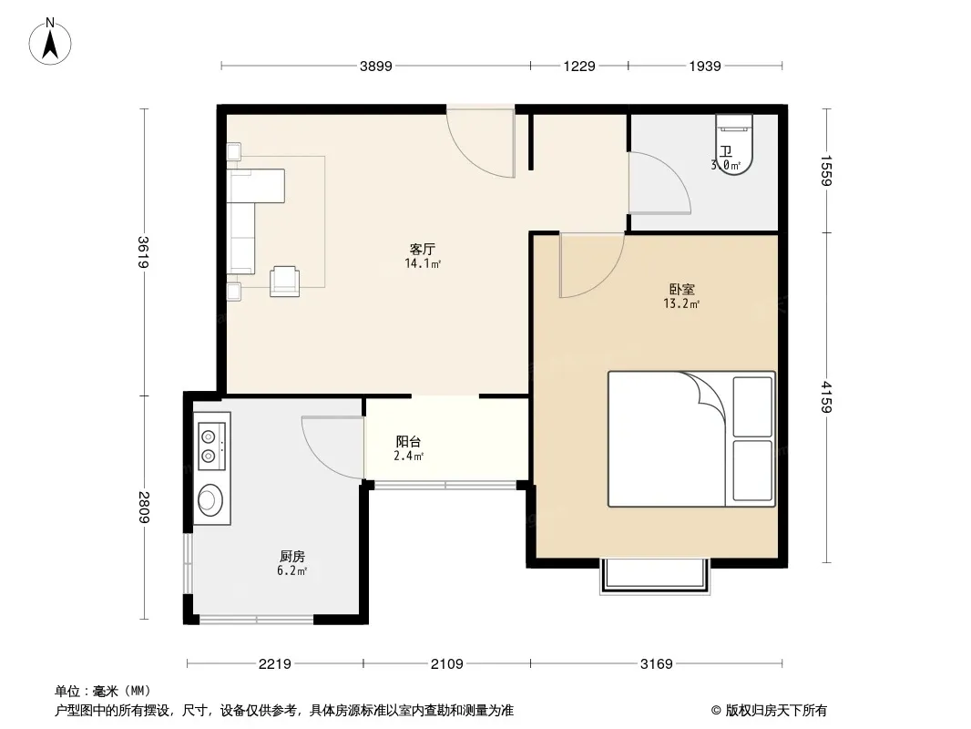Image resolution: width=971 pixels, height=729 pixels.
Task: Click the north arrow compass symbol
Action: click(50, 42)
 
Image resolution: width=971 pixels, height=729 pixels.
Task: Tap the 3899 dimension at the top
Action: click(376, 66)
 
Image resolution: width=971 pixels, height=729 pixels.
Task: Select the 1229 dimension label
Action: click(579, 66)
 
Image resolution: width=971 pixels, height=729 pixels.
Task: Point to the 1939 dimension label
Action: click(705, 66)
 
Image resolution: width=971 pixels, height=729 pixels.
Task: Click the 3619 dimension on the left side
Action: click(144, 252)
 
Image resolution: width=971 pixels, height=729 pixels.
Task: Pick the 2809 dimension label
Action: click(144, 508)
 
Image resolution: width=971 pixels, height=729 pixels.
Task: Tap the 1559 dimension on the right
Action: click(826, 170)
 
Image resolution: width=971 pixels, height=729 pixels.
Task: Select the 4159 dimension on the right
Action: click(826, 397)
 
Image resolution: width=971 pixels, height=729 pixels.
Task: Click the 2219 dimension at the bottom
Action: click(275, 664)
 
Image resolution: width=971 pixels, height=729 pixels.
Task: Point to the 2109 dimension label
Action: click(446, 664)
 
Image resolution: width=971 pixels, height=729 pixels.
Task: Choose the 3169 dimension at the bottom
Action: click(657, 664)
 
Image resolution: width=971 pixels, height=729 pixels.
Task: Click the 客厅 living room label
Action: click(423, 249)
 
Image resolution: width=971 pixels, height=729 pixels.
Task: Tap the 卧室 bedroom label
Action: click(682, 289)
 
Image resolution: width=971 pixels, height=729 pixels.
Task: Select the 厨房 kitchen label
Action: click(291, 556)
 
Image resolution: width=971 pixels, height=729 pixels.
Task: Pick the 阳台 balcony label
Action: click(409, 442)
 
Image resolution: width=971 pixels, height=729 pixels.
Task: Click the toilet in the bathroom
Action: click(734, 144)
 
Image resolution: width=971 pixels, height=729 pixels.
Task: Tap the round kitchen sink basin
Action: click(210, 500)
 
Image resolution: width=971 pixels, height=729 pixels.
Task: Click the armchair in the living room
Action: click(285, 281)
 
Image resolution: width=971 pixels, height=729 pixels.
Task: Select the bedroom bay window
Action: click(654, 576)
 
